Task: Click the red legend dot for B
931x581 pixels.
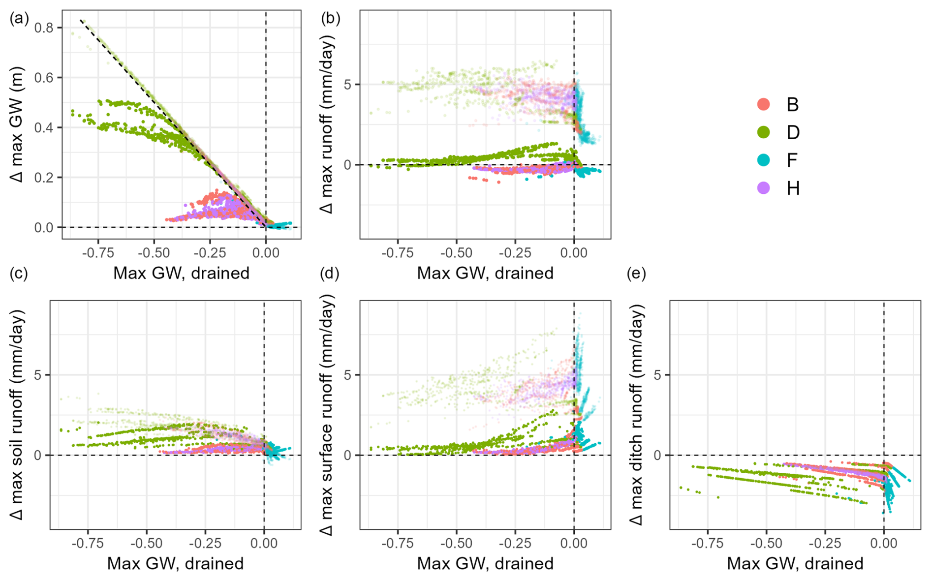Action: [763, 104]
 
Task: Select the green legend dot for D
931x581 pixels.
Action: [763, 132]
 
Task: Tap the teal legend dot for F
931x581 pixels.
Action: [763, 160]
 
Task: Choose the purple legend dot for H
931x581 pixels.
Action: [763, 188]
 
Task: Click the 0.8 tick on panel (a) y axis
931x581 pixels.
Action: [44, 28]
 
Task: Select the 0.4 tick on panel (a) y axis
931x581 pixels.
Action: [44, 127]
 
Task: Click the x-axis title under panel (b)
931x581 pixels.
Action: [485, 273]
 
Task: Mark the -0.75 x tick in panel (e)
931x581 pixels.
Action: [707, 543]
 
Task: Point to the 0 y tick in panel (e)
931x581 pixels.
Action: [657, 455]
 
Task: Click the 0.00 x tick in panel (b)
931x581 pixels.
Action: [574, 253]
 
